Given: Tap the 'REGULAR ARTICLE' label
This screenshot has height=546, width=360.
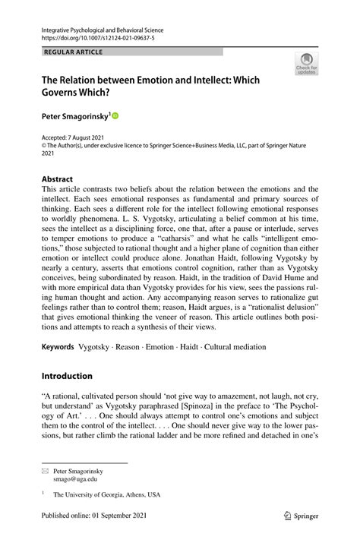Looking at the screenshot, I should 73,52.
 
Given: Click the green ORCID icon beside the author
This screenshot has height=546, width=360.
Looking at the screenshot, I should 115,115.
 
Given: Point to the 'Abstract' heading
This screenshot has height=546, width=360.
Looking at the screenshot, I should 58,180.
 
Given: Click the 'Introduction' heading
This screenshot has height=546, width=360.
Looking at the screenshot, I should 67,375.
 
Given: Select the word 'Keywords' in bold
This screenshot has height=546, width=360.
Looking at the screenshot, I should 58,347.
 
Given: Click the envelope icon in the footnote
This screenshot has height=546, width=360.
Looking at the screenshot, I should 45,471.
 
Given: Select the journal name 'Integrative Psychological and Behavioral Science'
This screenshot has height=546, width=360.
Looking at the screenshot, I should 103,30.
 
